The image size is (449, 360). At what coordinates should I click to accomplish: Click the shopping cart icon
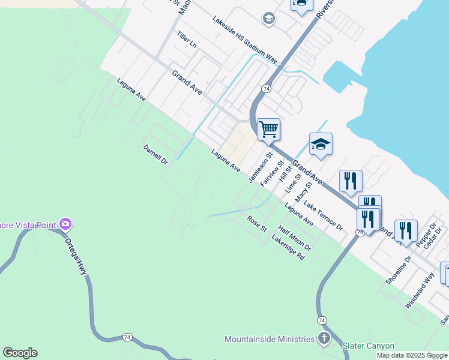pos(268,128)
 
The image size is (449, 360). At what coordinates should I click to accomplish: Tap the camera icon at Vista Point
pos(65,225)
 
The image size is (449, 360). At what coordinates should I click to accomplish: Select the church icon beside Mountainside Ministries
pos(324,338)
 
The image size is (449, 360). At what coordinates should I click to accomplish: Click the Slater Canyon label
pos(368,346)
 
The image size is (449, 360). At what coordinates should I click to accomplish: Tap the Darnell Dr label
pos(155,154)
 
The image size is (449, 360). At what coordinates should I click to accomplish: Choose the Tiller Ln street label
pos(187,40)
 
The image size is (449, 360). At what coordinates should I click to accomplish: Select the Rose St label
pos(257,224)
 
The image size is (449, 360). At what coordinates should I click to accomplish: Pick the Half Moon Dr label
pos(295,238)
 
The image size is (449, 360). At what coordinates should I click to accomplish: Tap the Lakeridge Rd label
pos(288,247)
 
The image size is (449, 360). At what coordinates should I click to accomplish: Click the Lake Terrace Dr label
pos(323,217)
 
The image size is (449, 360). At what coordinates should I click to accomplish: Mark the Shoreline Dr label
pos(399,270)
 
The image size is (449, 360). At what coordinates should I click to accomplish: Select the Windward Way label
pos(420,290)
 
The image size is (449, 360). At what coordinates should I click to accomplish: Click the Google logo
pos(20,353)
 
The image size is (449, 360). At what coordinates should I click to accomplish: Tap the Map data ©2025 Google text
pos(412,355)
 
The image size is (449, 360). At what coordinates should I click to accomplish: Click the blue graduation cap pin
pos(321,144)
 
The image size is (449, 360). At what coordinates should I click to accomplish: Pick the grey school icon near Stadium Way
pos(268,19)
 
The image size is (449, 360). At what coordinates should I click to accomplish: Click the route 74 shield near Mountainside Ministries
pos(322,320)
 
